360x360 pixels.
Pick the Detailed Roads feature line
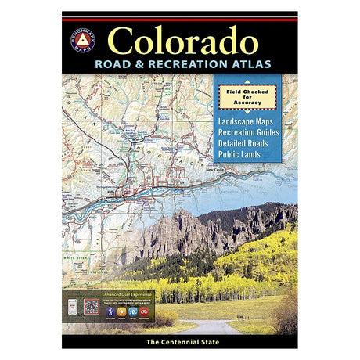click(250, 144)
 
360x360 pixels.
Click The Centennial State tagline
click(179, 343)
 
